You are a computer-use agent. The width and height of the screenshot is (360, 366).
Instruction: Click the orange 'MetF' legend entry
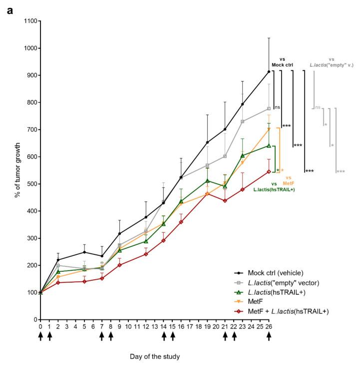point(264,301)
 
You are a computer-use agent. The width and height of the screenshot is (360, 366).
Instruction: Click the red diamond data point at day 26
point(269,172)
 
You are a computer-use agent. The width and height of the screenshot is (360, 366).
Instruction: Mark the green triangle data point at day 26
point(269,146)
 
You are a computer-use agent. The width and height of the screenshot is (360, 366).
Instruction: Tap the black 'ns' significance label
point(277,107)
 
